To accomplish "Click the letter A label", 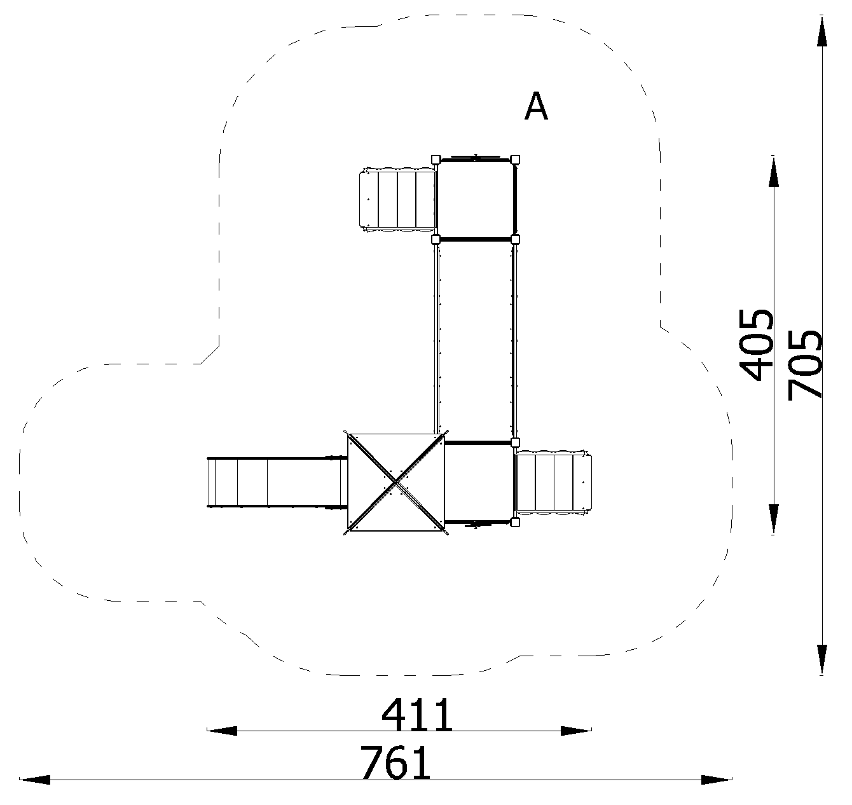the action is [x=536, y=106].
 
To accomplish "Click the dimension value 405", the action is [x=757, y=345].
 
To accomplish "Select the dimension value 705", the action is [x=805, y=365].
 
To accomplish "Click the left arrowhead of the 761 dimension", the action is [x=35, y=780].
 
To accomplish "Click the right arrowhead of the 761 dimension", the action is [x=717, y=780].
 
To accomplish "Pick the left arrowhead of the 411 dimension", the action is [x=222, y=731].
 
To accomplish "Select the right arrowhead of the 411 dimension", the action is [x=576, y=731].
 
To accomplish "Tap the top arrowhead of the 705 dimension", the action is [x=822, y=31].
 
